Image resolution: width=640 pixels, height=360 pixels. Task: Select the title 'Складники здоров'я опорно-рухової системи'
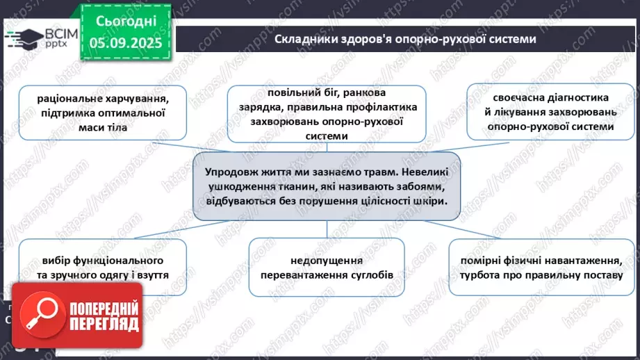(405, 39)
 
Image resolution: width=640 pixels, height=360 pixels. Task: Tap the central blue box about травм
(327, 186)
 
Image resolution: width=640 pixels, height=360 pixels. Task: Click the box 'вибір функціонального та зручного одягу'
(102, 268)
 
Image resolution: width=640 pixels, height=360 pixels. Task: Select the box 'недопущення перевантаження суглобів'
(327, 268)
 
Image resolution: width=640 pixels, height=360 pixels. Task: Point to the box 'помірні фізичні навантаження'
(539, 268)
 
